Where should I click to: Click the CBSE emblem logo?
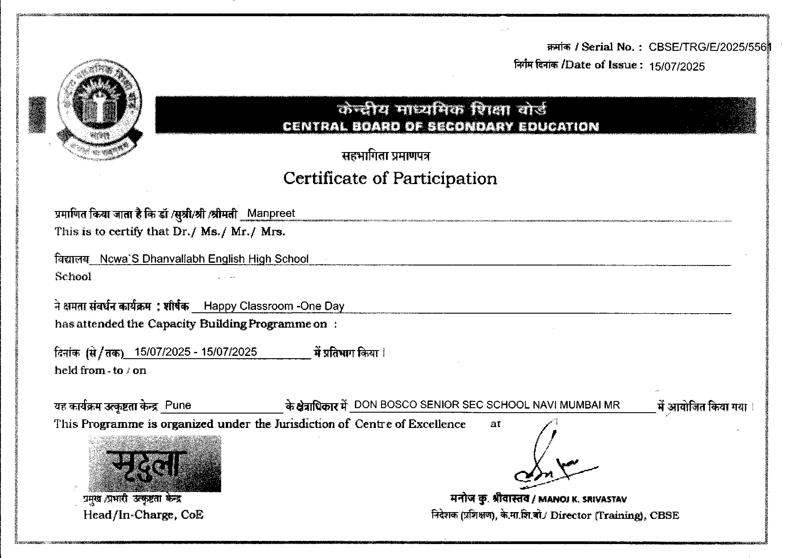click(100, 109)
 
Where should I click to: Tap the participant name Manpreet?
click(271, 213)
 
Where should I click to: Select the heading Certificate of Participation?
click(390, 178)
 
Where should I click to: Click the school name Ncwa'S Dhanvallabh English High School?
click(204, 259)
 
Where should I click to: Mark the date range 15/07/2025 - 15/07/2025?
click(196, 352)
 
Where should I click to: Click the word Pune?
click(178, 405)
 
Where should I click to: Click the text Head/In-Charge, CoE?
click(143, 515)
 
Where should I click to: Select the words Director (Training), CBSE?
click(614, 515)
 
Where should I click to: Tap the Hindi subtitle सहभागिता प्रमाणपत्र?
click(386, 156)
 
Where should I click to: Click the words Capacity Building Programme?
click(229, 324)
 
